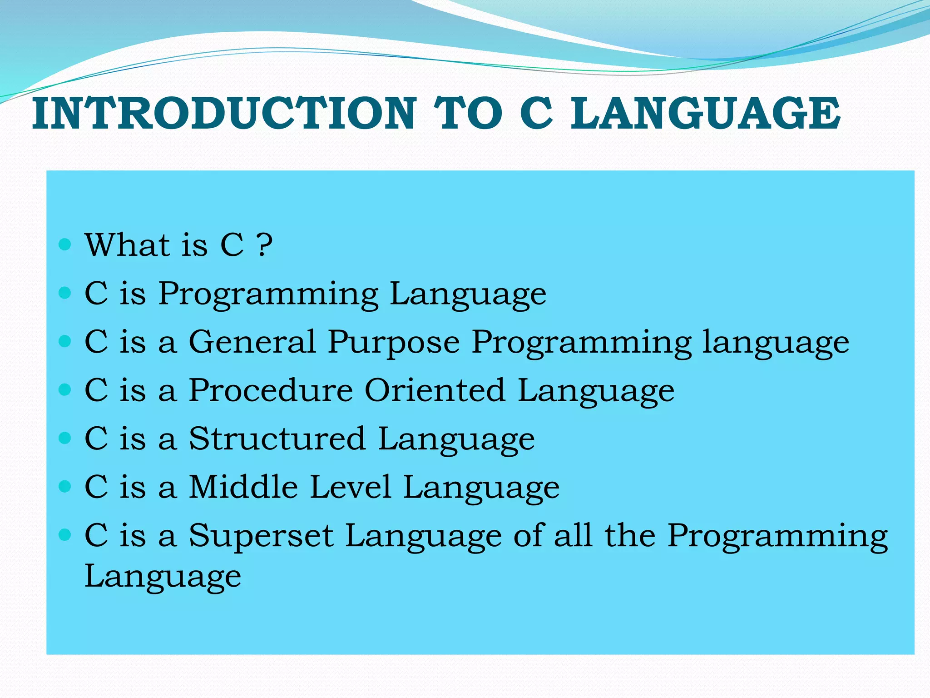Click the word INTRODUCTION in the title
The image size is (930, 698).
(224, 113)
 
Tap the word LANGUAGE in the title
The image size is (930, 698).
(705, 113)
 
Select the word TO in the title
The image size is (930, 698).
(468, 113)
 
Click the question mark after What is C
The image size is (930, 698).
(264, 245)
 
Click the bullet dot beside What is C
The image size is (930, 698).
(65, 245)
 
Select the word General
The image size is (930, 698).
(252, 342)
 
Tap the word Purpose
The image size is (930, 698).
(394, 342)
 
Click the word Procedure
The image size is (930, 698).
(271, 390)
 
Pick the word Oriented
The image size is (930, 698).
(435, 390)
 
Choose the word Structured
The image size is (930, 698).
(277, 439)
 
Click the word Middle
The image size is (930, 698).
(243, 487)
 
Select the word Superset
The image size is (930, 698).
(261, 536)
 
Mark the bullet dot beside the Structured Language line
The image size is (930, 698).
(65, 438)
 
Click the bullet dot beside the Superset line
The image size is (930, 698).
(65, 535)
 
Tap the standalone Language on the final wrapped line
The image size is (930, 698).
(163, 577)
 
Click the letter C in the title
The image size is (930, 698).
(536, 113)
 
